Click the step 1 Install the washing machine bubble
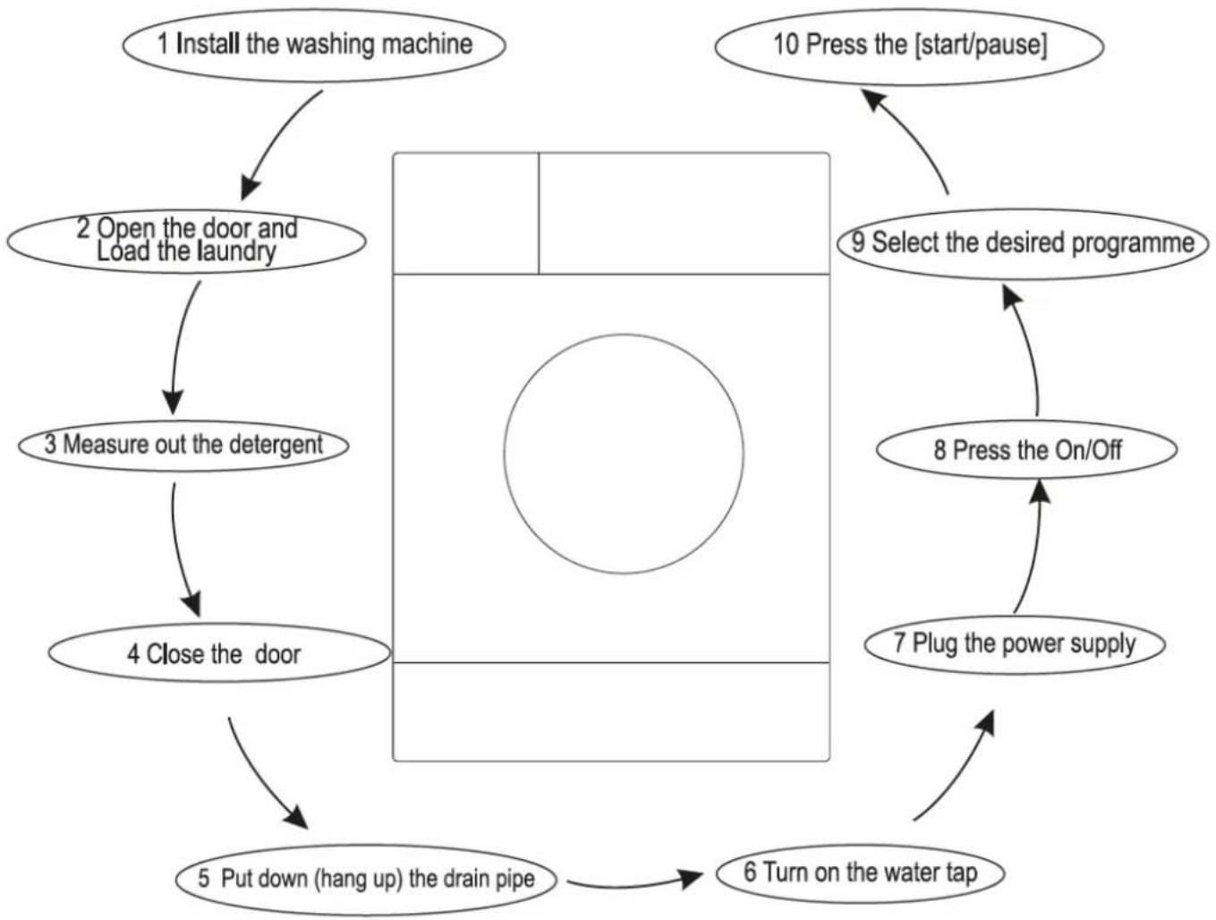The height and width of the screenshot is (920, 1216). pyautogui.click(x=313, y=46)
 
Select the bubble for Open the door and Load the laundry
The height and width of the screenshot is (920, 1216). pyautogui.click(x=186, y=242)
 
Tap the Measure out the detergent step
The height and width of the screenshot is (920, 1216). pyautogui.click(x=183, y=446)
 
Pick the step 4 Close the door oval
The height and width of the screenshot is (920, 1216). pyautogui.click(x=219, y=653)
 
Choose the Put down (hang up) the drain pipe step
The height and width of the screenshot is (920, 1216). pyautogui.click(x=366, y=879)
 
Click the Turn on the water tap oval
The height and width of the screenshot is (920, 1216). pyautogui.click(x=861, y=873)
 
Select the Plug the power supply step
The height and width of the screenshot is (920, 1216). pyautogui.click(x=1015, y=644)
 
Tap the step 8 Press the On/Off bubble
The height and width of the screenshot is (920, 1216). pyautogui.click(x=1027, y=450)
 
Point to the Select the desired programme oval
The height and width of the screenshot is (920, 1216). pyautogui.click(x=1023, y=243)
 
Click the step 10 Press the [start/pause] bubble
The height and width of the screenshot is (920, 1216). pyautogui.click(x=910, y=47)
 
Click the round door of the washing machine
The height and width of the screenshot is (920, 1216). pyautogui.click(x=624, y=454)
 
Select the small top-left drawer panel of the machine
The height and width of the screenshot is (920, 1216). pyautogui.click(x=466, y=213)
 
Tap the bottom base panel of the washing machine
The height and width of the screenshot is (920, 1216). pyautogui.click(x=611, y=711)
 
